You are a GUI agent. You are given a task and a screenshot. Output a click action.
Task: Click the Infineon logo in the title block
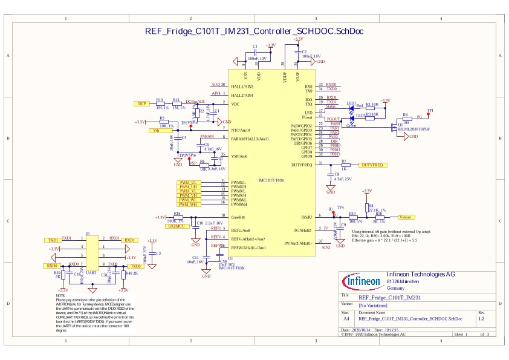362,281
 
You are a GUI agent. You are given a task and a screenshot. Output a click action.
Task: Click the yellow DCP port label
141,103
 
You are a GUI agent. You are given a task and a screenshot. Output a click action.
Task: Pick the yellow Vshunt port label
406,216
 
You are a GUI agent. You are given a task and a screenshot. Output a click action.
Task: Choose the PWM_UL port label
189,182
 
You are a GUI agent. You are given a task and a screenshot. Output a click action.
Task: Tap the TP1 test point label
430,111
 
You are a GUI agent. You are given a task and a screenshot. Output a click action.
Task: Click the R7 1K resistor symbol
345,165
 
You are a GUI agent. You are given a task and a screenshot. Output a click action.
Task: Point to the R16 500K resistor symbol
178,217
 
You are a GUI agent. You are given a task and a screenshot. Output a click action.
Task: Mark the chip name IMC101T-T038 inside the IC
271,180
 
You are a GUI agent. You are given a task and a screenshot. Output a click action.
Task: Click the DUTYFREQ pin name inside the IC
302,165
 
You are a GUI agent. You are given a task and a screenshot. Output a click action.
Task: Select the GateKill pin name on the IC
238,216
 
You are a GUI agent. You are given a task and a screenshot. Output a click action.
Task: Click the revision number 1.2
481,318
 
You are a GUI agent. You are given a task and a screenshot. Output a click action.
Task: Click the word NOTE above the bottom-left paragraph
60,296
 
